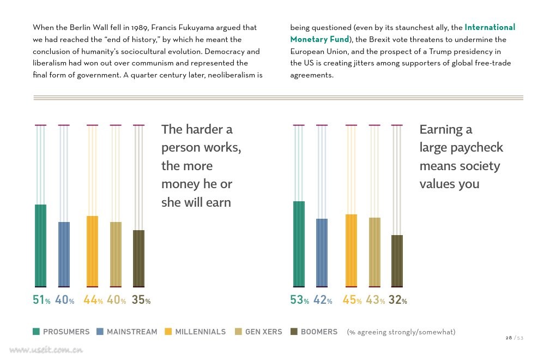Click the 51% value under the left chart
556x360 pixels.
click(41, 300)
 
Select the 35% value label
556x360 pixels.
click(141, 300)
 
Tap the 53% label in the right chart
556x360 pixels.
click(300, 300)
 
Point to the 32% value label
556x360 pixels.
click(398, 300)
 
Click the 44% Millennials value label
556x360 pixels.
click(93, 300)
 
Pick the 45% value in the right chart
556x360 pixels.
click(352, 300)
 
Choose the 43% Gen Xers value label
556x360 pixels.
click(376, 300)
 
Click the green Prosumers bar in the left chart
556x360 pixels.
click(40, 245)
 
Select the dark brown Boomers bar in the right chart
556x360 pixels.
click(397, 261)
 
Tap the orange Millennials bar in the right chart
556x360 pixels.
click(351, 250)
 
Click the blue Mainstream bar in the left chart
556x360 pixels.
click(64, 254)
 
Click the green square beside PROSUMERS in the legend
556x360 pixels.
click(36, 332)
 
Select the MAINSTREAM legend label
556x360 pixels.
click(132, 332)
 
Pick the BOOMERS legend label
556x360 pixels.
click(319, 332)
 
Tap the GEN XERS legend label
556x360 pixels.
click(264, 332)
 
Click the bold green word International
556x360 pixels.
click(490, 27)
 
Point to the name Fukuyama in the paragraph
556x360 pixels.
click(195, 28)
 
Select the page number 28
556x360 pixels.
click(509, 338)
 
